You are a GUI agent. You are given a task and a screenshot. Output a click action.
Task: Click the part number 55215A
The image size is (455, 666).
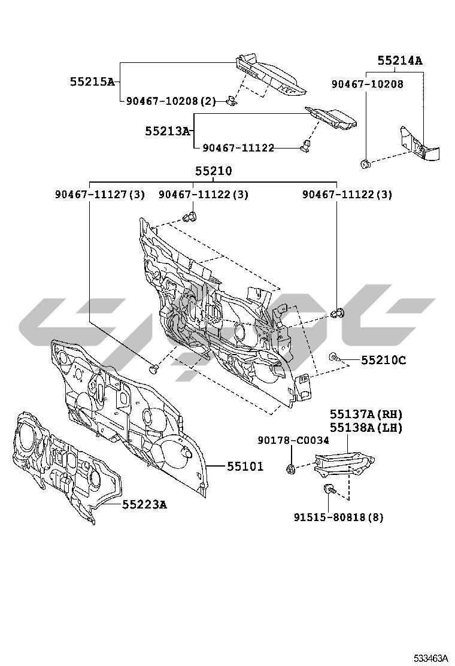(x=92, y=82)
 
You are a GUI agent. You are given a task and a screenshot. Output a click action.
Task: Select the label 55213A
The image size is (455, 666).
(x=167, y=130)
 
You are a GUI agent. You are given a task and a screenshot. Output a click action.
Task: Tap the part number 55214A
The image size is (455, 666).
(x=399, y=60)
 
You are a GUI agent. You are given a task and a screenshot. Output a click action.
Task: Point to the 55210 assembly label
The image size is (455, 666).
(x=213, y=171)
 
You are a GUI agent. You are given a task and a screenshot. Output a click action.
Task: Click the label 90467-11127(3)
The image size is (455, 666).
(x=100, y=195)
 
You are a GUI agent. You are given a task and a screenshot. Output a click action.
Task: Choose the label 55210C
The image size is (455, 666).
(x=383, y=360)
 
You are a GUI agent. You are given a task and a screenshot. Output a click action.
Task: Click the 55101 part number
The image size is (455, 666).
(x=245, y=466)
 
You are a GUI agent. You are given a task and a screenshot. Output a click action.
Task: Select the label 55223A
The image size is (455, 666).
(x=144, y=505)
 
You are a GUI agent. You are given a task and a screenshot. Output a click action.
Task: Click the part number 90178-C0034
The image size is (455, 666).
(x=293, y=440)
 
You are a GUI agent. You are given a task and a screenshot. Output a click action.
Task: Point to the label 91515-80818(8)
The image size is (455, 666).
(x=338, y=517)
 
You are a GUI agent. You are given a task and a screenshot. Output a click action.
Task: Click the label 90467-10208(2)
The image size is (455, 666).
(x=171, y=101)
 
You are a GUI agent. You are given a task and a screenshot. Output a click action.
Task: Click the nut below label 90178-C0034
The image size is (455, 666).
(x=290, y=469)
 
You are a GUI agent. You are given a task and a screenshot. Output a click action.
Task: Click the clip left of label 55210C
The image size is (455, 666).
(x=333, y=358)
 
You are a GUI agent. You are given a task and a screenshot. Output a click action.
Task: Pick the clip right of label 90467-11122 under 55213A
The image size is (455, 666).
(x=306, y=145)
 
